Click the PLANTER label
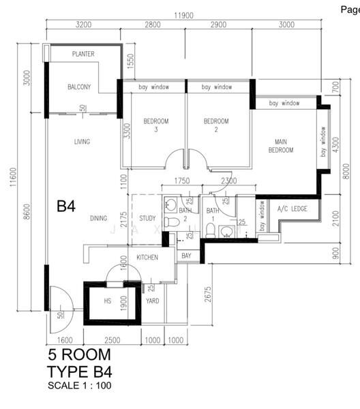[x=83, y=54]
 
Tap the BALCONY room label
[x=79, y=87]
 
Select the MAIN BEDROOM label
[x=281, y=146]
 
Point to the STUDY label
[x=147, y=218]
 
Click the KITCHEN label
[x=147, y=258]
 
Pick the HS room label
[x=108, y=301]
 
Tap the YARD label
[x=153, y=301]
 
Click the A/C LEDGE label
[x=292, y=209]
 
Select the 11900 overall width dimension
[x=183, y=16]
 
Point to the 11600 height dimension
[x=13, y=177]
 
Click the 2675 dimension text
[x=208, y=294]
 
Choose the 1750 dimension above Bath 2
[x=182, y=181]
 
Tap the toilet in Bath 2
[x=172, y=222]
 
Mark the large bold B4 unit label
[x=66, y=206]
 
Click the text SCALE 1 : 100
[x=80, y=386]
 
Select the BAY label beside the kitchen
[x=186, y=256]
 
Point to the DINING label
[x=99, y=218]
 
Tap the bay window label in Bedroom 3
[x=154, y=87]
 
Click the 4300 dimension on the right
[x=336, y=145]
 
